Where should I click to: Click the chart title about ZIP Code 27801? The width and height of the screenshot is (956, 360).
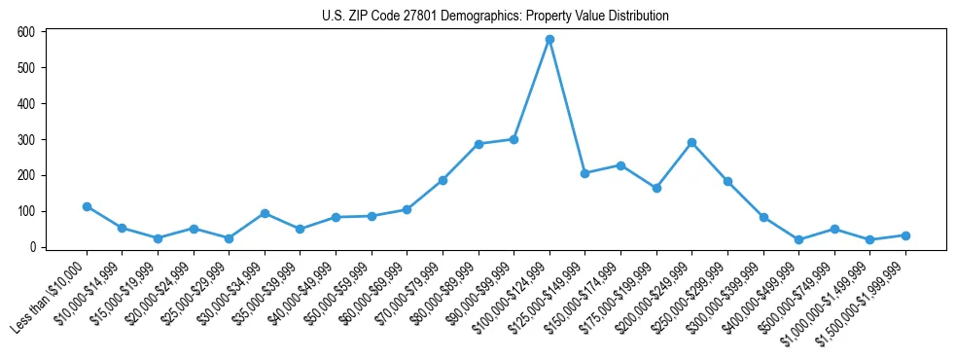[x=495, y=16]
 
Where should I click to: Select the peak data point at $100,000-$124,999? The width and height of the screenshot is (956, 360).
[x=549, y=40]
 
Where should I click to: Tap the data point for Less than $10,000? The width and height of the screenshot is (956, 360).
[x=87, y=206]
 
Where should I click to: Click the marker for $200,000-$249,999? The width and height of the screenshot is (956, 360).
[x=691, y=143]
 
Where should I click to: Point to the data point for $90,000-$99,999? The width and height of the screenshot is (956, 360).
[x=513, y=139]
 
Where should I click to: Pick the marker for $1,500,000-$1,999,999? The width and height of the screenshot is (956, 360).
[x=905, y=235]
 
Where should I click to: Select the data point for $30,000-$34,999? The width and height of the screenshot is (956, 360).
[x=265, y=213]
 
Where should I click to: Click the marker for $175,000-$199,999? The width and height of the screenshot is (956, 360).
[x=656, y=188]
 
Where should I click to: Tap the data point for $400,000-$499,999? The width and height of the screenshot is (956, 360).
[x=798, y=239]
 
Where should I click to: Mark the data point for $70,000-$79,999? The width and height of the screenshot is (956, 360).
[x=443, y=180]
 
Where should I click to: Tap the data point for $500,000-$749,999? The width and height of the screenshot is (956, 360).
[x=834, y=229]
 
